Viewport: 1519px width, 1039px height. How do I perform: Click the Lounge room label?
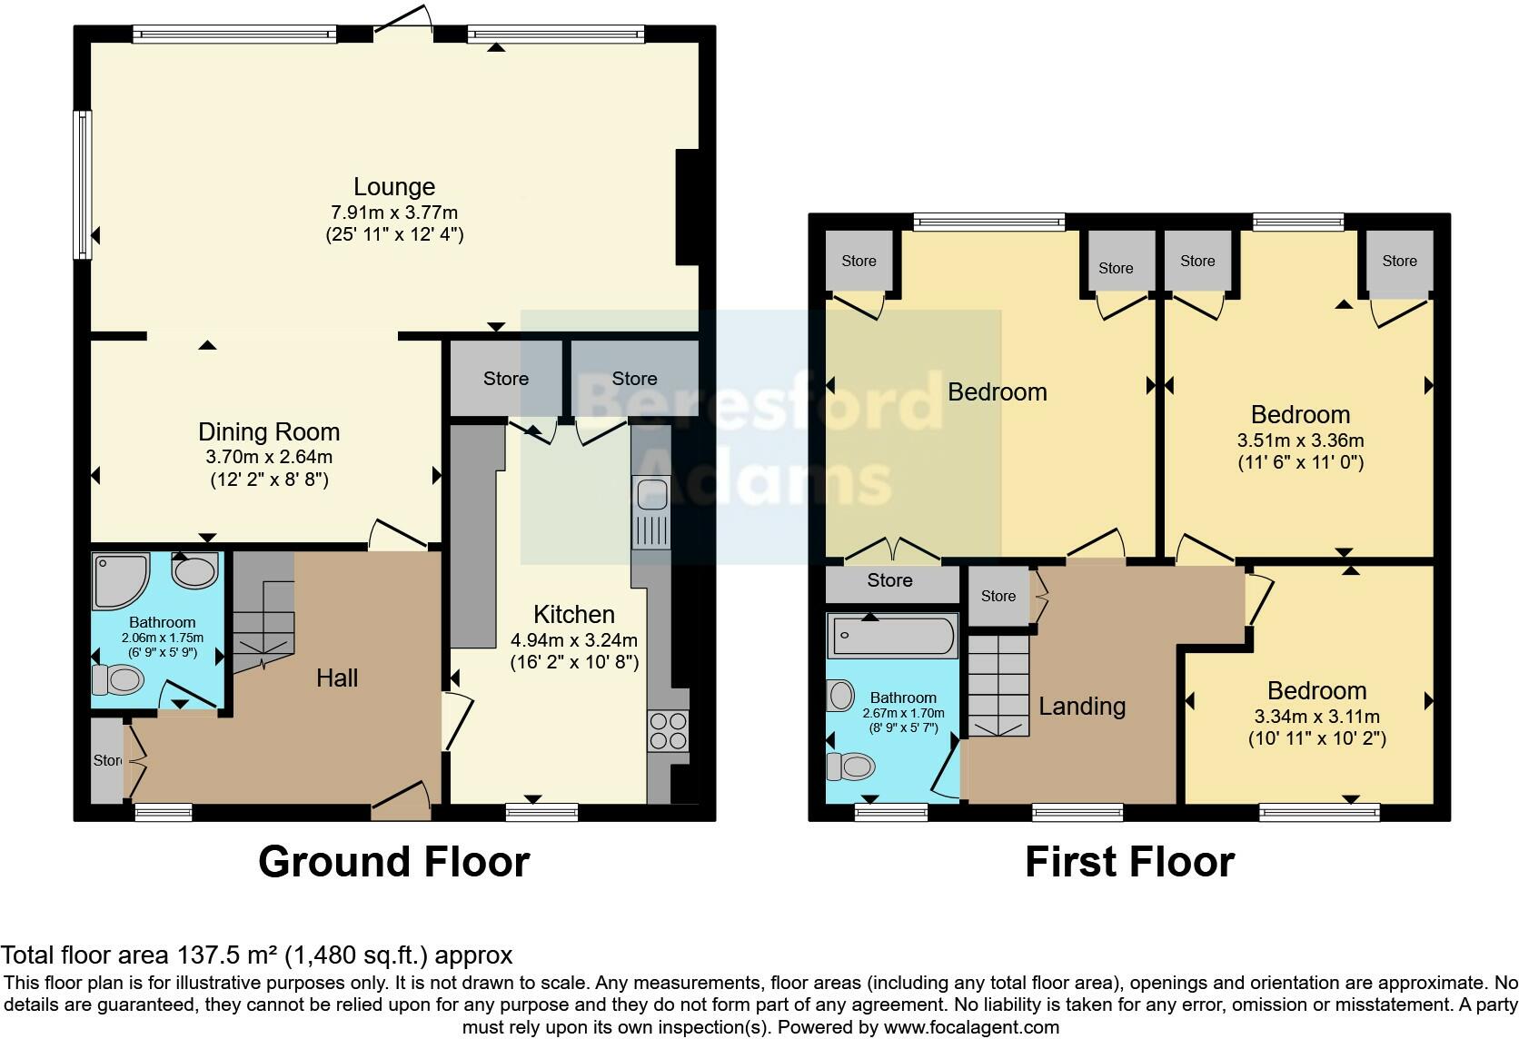click(394, 187)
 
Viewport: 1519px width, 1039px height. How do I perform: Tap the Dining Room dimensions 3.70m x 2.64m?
click(268, 457)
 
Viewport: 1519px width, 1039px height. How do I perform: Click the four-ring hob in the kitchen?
click(668, 730)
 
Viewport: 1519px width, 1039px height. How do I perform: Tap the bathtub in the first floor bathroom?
click(891, 636)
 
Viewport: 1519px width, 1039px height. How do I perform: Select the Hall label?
click(337, 678)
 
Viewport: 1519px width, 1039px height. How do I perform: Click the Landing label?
click(1082, 706)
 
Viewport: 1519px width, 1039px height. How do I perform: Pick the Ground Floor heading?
click(393, 861)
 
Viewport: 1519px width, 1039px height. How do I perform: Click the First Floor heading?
click(1129, 861)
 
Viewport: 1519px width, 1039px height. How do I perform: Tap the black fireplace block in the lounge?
click(688, 207)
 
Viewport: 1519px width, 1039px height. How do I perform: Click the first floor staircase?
click(998, 686)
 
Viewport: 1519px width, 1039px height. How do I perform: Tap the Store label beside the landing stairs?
click(998, 596)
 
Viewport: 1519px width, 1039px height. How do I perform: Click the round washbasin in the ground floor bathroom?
click(194, 571)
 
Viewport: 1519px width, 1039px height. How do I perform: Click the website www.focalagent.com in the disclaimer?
click(971, 1027)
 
